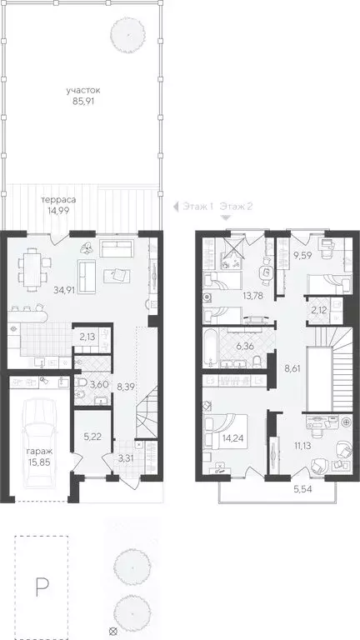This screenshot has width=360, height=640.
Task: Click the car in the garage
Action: [36, 442]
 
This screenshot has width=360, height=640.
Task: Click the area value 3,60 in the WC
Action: [99, 384]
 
